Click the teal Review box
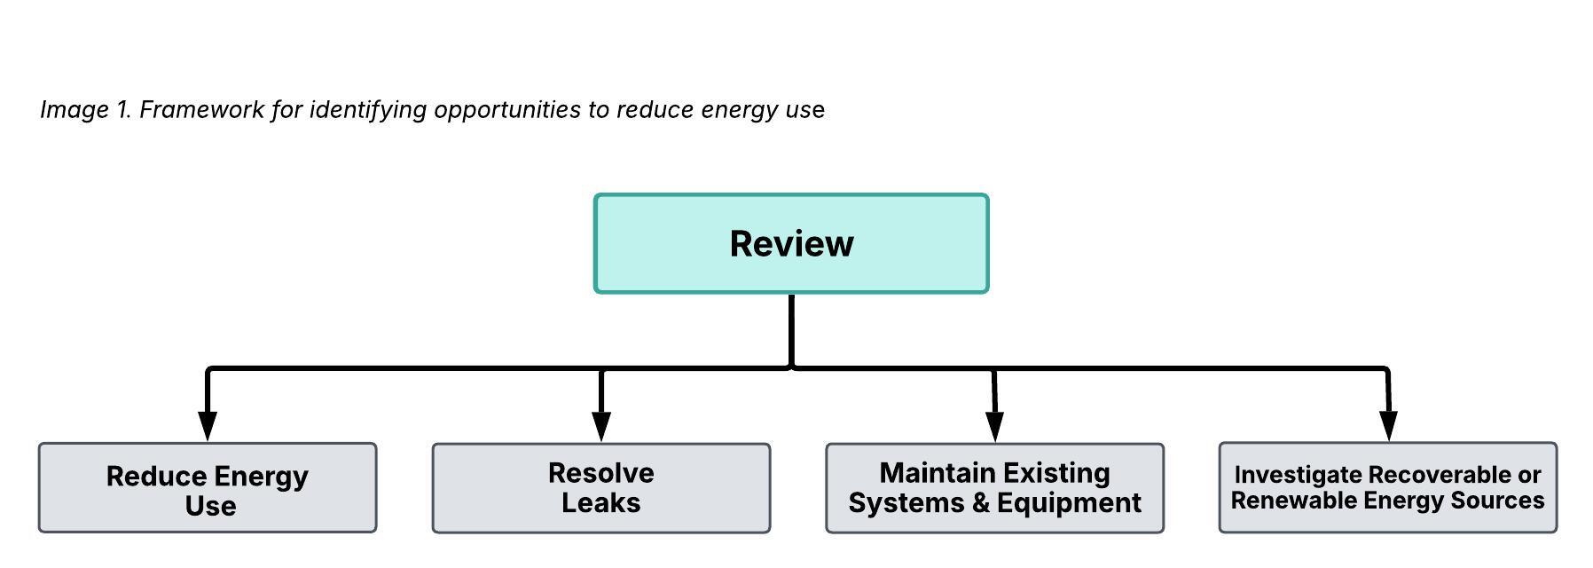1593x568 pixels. click(791, 243)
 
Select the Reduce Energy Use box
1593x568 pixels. click(208, 487)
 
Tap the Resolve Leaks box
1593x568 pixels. click(601, 488)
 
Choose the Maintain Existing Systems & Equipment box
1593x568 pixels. click(995, 488)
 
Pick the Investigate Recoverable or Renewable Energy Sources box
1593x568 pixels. click(1388, 487)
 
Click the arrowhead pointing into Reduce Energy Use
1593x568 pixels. click(208, 426)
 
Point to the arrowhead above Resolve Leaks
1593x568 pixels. click(601, 426)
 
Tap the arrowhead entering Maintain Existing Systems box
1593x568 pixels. click(995, 426)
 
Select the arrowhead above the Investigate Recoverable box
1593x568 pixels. click(1389, 426)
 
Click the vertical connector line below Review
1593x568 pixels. click(791, 330)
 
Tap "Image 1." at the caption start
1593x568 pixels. click(86, 109)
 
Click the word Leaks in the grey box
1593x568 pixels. click(601, 502)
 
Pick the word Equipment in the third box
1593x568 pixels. click(1069, 503)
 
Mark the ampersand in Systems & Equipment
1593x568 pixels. click(981, 503)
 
